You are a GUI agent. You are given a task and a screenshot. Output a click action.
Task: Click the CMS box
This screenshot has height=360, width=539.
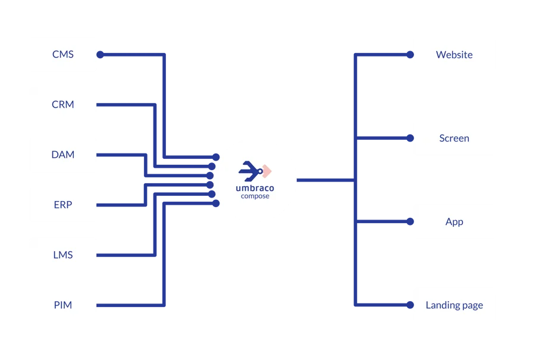62,55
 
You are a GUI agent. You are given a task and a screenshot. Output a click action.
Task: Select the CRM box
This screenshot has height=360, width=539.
62,105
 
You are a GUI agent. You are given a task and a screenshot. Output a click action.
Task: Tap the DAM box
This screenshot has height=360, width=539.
62,155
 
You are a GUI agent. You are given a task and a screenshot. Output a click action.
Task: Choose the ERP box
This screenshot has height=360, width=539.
62,205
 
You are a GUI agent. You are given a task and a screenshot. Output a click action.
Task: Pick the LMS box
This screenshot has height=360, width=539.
62,255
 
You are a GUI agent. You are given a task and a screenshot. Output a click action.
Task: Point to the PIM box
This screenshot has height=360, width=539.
62,305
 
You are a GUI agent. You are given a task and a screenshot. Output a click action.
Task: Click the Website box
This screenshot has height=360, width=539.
454,55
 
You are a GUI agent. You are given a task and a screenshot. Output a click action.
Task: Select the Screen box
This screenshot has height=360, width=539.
454,138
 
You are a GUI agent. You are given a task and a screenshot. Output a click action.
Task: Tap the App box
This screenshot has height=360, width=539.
454,222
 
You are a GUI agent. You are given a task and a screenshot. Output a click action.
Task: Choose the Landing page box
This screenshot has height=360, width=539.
454,305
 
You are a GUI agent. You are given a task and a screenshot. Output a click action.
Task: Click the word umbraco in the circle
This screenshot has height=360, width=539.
255,187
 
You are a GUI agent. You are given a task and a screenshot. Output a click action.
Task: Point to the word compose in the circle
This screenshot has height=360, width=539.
255,196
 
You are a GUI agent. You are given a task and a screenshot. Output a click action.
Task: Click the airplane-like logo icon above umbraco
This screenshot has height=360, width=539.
251,171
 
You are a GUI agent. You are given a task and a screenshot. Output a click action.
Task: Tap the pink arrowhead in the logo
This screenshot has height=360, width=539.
267,171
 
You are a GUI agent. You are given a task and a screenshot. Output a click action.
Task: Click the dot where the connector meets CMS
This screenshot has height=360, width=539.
101,55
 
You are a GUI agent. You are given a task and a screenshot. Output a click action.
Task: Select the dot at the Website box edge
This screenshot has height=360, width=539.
409,55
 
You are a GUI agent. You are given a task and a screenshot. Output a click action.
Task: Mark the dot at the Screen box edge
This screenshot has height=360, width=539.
409,138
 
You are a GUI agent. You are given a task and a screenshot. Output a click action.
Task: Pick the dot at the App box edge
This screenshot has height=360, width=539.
409,222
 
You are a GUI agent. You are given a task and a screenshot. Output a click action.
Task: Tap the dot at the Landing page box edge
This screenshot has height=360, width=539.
409,305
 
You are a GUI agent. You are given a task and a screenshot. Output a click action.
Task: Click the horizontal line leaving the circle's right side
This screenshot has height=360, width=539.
324,180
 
